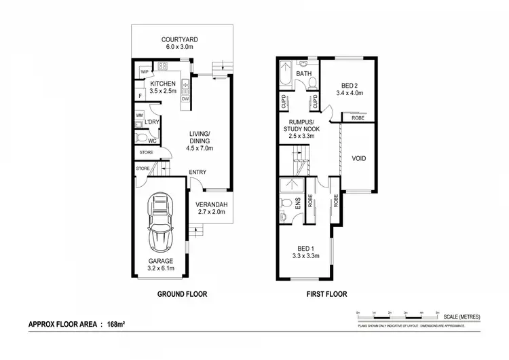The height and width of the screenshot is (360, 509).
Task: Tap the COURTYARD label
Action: coord(180,39)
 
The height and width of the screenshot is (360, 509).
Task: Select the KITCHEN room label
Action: coord(163,84)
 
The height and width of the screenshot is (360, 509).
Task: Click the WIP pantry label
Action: coord(145,71)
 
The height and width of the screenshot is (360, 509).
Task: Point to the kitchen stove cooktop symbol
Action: coord(163,67)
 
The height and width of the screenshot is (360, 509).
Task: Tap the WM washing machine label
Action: coord(139,116)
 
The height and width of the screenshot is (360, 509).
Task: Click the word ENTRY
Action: coord(197,172)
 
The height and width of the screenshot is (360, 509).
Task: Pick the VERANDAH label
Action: coord(212,205)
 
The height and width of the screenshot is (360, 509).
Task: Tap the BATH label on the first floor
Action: coord(303,73)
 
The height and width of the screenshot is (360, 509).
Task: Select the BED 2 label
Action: coord(350,86)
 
